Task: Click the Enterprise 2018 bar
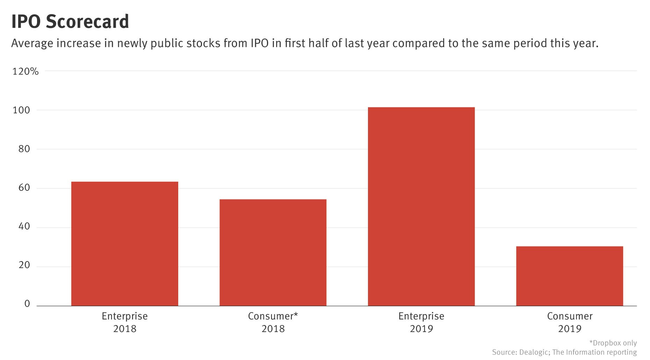(x=124, y=244)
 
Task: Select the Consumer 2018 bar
(x=273, y=252)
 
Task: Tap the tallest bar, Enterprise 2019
(x=421, y=206)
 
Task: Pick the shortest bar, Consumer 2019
(x=569, y=276)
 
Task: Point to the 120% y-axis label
(x=26, y=72)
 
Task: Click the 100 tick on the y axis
(x=21, y=110)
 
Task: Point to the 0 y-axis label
(x=27, y=304)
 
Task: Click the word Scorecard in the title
(x=87, y=22)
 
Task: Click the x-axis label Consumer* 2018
(x=273, y=322)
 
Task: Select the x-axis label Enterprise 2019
(x=421, y=322)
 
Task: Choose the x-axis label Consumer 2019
(x=570, y=322)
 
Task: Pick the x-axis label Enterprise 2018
(x=124, y=322)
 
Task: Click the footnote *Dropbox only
(x=613, y=343)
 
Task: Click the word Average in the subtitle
(x=31, y=44)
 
